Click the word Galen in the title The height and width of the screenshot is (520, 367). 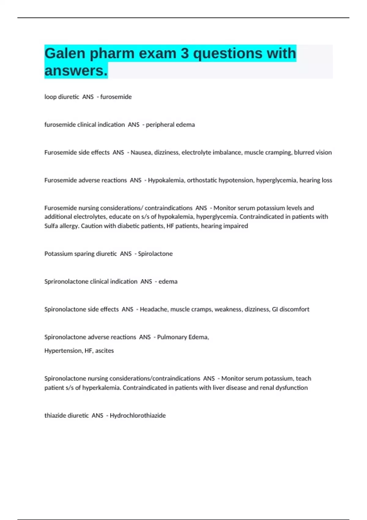click(65, 53)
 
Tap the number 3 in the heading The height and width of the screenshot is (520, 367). click(184, 53)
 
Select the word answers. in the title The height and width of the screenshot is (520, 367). click(76, 71)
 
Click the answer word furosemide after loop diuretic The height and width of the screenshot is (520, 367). click(116, 97)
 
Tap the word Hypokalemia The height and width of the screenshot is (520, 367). click(166, 180)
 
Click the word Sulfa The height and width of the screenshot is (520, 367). click(52, 226)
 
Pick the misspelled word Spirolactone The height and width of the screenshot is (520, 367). click(155, 254)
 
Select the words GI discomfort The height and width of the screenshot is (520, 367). click(291, 309)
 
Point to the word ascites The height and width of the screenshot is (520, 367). click(104, 351)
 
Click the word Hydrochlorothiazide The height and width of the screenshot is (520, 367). click(138, 416)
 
